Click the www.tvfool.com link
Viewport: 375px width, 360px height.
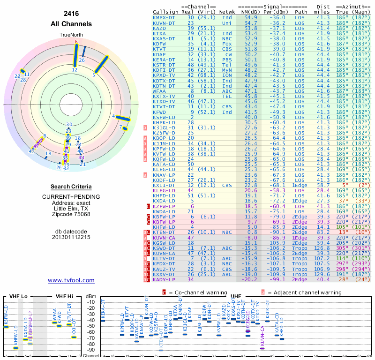tap(71, 280)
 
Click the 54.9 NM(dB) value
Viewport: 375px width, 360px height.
tap(250, 17)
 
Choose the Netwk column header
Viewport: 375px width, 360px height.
tap(227, 12)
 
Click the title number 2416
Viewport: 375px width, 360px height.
tap(71, 14)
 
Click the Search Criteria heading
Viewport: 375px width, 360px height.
tap(71, 186)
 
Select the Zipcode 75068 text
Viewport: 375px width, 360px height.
tap(71, 214)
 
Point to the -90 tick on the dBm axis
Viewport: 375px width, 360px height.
tap(91, 350)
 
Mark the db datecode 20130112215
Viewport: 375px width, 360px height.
tap(71, 237)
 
